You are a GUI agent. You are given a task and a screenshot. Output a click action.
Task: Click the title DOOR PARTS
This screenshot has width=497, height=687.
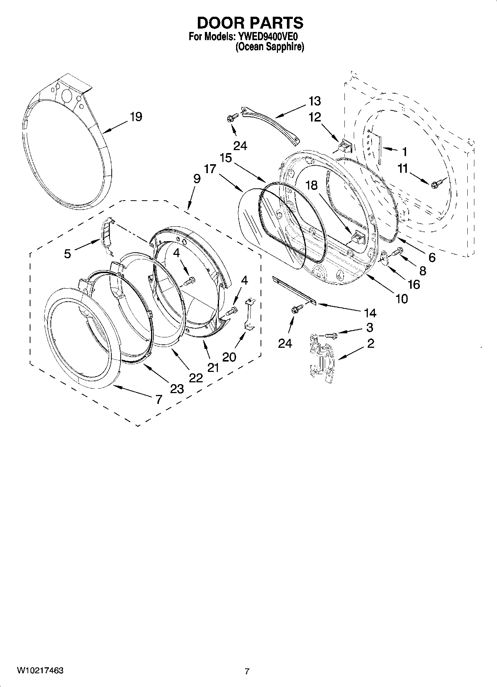[x=250, y=23]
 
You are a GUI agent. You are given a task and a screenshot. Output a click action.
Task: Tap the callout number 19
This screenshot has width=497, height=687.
[x=135, y=117]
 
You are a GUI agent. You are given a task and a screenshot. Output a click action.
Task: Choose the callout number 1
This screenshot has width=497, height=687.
[x=404, y=152]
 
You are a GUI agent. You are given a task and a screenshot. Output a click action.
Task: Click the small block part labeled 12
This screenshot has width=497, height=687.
[x=343, y=146]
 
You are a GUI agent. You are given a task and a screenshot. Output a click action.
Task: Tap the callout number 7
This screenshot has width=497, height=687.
[x=158, y=399]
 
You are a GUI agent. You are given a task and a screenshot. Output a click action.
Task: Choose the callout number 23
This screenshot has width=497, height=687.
[x=177, y=389]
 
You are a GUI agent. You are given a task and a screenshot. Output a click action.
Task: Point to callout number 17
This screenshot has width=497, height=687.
[x=210, y=169]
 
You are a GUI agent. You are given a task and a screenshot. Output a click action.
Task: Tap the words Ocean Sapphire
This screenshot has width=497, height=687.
[x=269, y=47]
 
